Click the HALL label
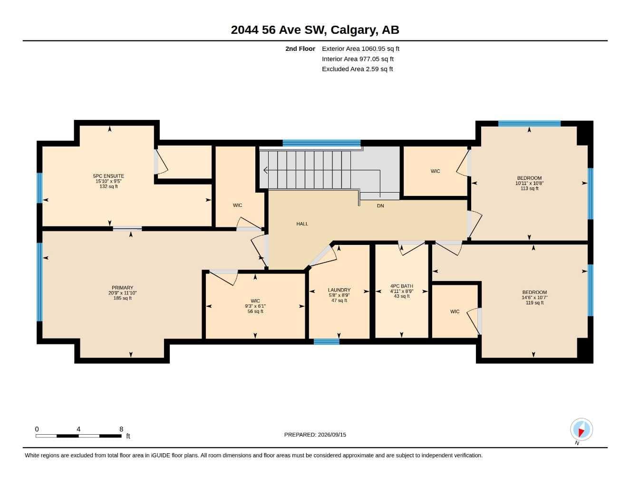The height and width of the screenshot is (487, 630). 302,224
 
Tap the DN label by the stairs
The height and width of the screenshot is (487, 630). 380,206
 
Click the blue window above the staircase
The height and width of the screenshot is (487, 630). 321,143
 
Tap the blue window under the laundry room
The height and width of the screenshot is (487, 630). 327,341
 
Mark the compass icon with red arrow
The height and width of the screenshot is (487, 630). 582,429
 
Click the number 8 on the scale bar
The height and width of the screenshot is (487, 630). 121,429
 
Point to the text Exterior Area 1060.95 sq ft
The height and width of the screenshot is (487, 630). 360,49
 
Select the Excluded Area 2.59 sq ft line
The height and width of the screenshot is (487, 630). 357,69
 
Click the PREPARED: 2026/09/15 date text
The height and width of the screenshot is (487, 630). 315,435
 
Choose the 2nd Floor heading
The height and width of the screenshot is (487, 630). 300,49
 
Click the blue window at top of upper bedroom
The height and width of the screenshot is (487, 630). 529,124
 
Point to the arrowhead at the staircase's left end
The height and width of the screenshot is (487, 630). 265,170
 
